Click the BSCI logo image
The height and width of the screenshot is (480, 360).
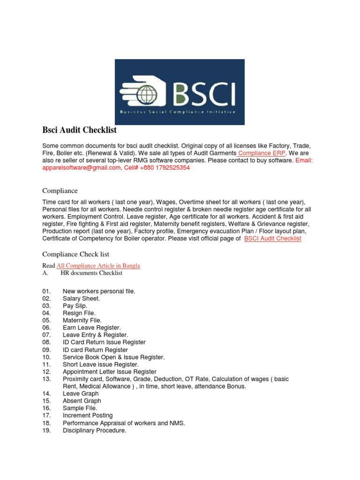point(180,92)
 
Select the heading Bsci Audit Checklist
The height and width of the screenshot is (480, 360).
point(79,130)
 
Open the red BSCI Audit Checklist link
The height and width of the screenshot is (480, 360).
point(273,239)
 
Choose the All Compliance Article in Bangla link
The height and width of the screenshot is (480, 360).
point(98,266)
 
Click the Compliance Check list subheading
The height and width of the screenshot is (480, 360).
point(75,254)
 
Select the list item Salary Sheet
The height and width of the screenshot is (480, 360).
point(81,299)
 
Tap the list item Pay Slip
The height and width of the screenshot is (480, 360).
point(75,306)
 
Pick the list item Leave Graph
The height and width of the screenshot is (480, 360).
point(81,394)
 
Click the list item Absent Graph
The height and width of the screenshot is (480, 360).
point(82,401)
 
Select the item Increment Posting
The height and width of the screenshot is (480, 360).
point(88,415)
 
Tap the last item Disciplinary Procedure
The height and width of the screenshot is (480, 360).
point(94,430)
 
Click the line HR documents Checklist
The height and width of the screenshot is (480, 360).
point(91,273)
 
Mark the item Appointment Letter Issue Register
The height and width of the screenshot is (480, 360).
point(109,372)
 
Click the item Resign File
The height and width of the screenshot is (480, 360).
point(79,313)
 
